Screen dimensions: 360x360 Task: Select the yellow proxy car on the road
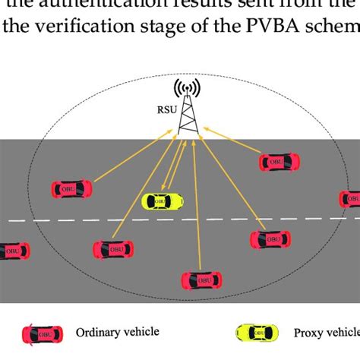point(163,201)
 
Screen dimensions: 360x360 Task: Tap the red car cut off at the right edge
point(350,199)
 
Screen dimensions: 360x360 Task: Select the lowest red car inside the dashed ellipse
point(201,279)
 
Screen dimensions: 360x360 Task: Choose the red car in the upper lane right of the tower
point(279,162)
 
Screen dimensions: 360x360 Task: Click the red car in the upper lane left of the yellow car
point(71,188)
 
